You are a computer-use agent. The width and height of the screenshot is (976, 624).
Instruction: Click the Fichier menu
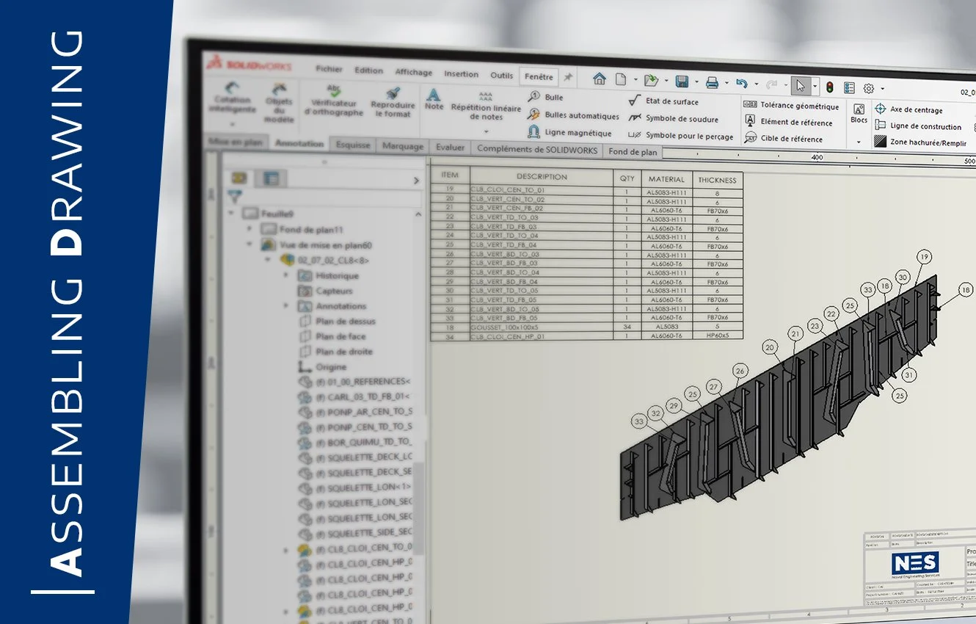pyautogui.click(x=329, y=69)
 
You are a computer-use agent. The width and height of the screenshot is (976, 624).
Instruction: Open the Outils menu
pyautogui.click(x=502, y=75)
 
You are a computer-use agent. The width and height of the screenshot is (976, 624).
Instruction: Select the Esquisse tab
pyautogui.click(x=353, y=145)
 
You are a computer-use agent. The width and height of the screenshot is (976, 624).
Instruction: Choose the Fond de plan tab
pyautogui.click(x=633, y=152)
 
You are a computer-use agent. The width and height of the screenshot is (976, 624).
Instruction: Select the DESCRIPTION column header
pyautogui.click(x=542, y=177)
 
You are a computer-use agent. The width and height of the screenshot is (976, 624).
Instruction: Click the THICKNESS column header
pyautogui.click(x=716, y=180)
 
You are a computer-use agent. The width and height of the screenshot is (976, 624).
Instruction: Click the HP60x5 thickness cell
pyautogui.click(x=716, y=336)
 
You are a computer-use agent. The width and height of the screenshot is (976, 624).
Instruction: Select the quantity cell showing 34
pyautogui.click(x=627, y=327)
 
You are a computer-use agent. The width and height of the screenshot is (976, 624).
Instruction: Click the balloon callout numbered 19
pyautogui.click(x=924, y=257)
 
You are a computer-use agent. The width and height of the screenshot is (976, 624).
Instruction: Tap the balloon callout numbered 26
pyautogui.click(x=740, y=371)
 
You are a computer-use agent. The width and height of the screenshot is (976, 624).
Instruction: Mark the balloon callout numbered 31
pyautogui.click(x=908, y=375)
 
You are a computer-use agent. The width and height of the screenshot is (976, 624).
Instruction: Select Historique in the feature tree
pyautogui.click(x=337, y=276)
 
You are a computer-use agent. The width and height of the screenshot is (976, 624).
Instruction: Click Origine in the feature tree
pyautogui.click(x=331, y=367)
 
